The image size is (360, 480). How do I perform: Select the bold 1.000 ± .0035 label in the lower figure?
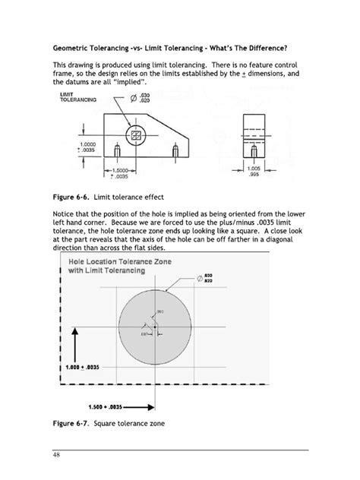point(82,366)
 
